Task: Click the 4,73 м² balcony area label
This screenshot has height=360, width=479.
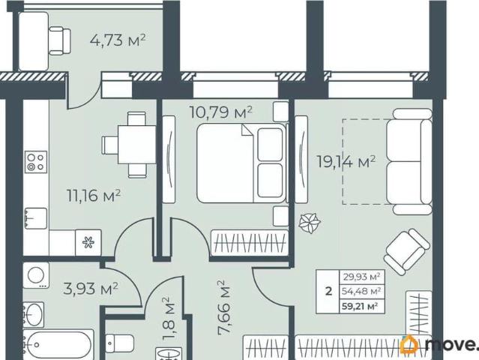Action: [118, 40]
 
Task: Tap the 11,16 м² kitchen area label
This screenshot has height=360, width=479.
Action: [94, 196]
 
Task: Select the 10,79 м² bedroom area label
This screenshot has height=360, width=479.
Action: [221, 112]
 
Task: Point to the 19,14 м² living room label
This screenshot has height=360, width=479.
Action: [346, 162]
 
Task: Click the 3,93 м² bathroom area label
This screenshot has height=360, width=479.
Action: [91, 289]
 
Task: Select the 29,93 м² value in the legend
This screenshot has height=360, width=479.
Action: [362, 277]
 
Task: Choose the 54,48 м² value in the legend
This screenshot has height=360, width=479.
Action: [361, 291]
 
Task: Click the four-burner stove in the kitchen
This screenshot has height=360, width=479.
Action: [36, 162]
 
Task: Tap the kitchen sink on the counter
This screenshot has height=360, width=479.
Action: [36, 218]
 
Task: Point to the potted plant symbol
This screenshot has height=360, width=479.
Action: [310, 223]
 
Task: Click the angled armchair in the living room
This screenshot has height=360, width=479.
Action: [406, 251]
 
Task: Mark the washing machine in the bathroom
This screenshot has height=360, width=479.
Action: [36, 275]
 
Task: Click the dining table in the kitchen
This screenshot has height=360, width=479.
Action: [137, 145]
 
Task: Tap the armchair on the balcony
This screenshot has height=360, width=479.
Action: [59, 40]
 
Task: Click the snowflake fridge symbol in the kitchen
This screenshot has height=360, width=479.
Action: [88, 242]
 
